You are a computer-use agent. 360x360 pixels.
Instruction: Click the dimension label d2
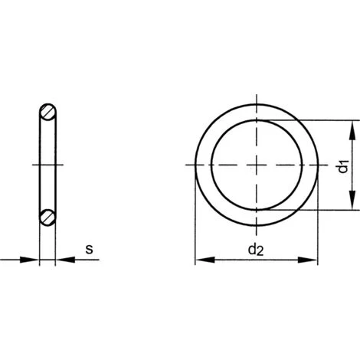click(256, 249)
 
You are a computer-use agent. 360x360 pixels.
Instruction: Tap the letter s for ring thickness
click(89, 248)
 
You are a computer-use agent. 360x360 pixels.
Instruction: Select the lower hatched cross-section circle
click(47, 216)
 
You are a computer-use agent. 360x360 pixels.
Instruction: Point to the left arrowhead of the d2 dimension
click(201, 261)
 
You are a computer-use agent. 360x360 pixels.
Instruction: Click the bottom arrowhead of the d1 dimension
click(352, 204)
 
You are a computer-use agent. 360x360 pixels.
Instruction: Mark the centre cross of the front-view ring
click(256, 165)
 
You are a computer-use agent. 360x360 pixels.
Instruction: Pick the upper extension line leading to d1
click(322, 120)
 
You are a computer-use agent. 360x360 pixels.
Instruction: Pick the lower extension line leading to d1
click(322, 209)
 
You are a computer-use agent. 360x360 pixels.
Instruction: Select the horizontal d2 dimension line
click(230, 261)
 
